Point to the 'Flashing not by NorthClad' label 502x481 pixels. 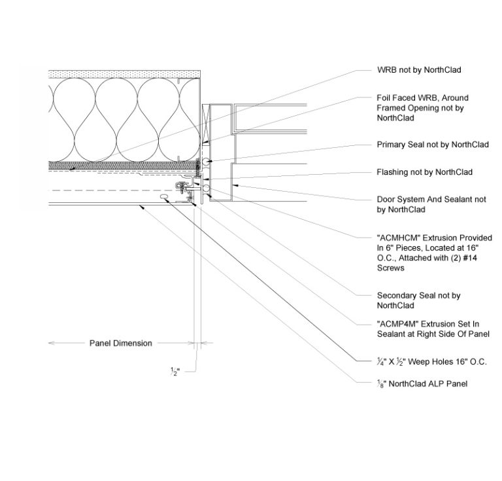coord(424,172)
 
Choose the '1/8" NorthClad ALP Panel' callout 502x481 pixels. coord(422,383)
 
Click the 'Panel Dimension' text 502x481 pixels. coord(120,343)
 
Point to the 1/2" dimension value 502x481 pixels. coord(175,371)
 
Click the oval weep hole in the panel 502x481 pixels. coord(165,196)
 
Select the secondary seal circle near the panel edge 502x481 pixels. coord(207,189)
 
